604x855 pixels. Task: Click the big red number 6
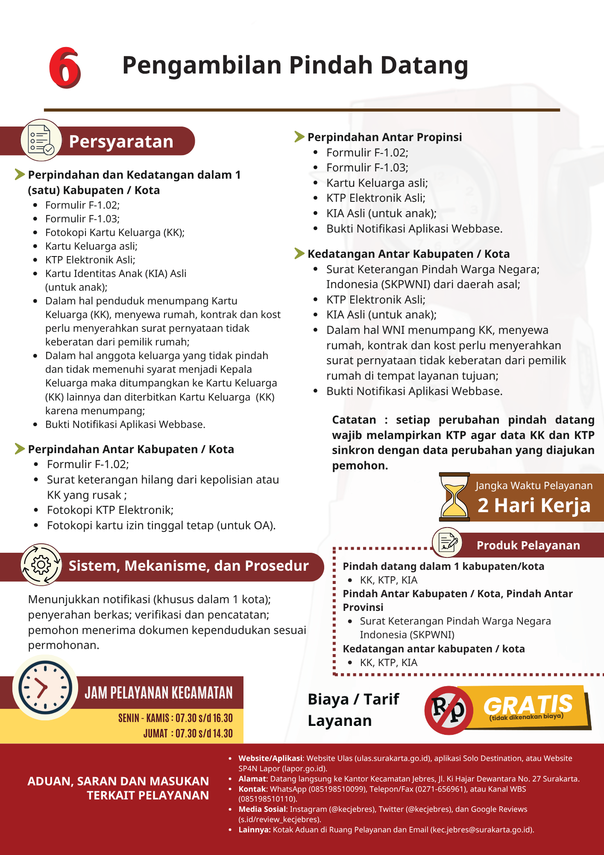pyautogui.click(x=65, y=68)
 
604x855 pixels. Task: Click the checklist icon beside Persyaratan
pyautogui.click(x=41, y=140)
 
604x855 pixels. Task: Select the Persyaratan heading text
pyautogui.click(x=121, y=142)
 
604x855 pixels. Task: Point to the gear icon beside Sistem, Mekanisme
pyautogui.click(x=41, y=565)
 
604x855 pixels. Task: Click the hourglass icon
pyautogui.click(x=454, y=497)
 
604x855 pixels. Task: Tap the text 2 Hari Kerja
pyautogui.click(x=534, y=505)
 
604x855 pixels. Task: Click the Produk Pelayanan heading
pyautogui.click(x=528, y=545)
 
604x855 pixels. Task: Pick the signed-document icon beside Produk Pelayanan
pyautogui.click(x=447, y=542)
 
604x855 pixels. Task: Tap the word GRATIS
pyautogui.click(x=528, y=705)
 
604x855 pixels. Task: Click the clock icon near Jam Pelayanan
pyautogui.click(x=45, y=687)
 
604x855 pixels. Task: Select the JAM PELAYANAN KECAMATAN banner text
pyautogui.click(x=158, y=693)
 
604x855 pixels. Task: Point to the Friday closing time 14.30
pyautogui.click(x=223, y=734)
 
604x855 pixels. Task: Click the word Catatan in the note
pyautogui.click(x=354, y=420)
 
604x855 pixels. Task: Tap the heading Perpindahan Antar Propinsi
pyautogui.click(x=384, y=137)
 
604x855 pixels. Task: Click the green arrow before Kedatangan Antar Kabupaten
pyautogui.click(x=299, y=254)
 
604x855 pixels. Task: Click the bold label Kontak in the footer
pyautogui.click(x=252, y=789)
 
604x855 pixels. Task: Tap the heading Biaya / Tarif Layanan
pyautogui.click(x=353, y=710)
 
